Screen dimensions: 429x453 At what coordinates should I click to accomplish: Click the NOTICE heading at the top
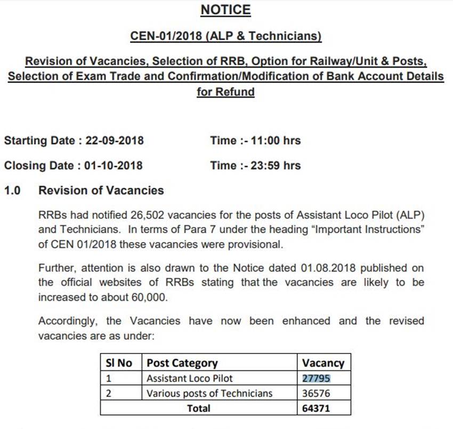point(225,10)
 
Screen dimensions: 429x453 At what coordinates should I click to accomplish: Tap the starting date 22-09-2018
point(114,141)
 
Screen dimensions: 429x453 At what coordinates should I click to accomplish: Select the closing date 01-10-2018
point(113,166)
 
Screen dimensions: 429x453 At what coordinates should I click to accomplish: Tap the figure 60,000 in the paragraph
point(146,298)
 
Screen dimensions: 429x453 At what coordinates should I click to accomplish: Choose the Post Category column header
point(182,363)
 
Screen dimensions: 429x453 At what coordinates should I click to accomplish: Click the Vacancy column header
point(323,363)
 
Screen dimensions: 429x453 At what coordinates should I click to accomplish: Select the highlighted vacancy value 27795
point(316,378)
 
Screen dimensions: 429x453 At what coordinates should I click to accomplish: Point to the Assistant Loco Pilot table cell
point(190,378)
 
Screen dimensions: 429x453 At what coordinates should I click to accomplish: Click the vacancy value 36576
point(316,393)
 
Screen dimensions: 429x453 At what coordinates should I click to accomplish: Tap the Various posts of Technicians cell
point(209,393)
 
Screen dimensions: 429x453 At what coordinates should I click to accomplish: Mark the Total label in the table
point(198,408)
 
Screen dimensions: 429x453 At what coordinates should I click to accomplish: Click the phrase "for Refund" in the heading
point(225,92)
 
